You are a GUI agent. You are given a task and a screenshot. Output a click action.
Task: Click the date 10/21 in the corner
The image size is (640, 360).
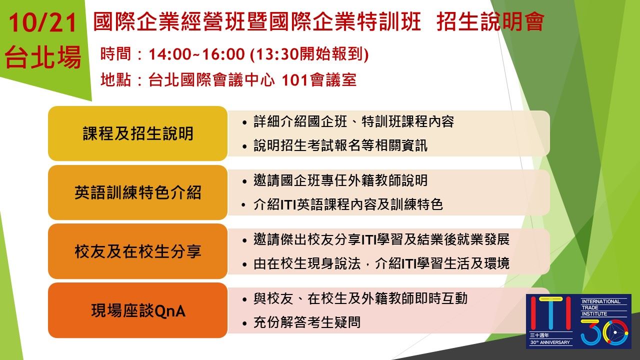tap(43, 23)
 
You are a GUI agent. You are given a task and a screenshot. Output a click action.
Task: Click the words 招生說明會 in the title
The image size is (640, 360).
tap(490, 22)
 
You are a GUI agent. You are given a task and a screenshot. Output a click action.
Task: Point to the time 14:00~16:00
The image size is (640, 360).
tap(197, 54)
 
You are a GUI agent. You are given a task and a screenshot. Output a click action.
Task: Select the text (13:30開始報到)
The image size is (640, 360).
tap(309, 54)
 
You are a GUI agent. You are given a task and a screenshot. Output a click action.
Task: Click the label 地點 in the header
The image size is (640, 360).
tap(115, 79)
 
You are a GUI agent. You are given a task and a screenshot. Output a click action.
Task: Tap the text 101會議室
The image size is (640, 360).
tap(319, 79)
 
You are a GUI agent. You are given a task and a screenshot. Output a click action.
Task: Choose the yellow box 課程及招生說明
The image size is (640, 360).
tap(137, 133)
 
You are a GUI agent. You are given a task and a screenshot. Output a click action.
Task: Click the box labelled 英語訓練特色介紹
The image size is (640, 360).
tap(137, 192)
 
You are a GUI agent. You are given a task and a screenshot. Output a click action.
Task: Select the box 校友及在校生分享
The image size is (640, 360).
tap(137, 251)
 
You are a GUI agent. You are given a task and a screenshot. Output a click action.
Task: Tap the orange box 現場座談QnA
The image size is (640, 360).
tap(137, 310)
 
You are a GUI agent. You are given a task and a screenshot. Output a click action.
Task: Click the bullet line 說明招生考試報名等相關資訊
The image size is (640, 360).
tap(340, 145)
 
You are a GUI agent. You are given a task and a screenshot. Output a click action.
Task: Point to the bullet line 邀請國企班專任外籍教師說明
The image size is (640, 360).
tap(340, 180)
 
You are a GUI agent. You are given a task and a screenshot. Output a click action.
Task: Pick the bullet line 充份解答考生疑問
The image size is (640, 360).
tap(306, 322)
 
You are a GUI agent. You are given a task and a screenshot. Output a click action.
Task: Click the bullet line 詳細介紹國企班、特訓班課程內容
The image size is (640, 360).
tap(353, 121)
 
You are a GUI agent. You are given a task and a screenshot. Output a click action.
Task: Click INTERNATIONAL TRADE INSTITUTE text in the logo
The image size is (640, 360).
tap(601, 307)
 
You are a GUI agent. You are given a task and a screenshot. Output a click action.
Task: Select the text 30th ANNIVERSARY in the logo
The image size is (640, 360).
tap(550, 342)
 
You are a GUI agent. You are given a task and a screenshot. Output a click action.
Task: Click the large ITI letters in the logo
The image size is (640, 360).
tap(550, 313)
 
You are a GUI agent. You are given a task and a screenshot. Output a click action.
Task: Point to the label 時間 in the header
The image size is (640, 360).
tap(115, 54)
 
